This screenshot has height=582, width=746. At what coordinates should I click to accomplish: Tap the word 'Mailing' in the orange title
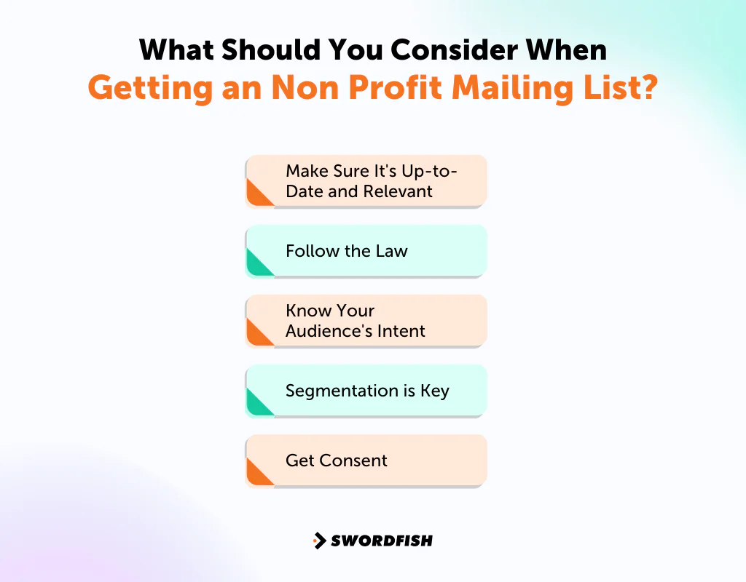tap(500, 88)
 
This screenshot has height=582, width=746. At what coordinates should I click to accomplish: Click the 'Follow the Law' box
tap(366, 251)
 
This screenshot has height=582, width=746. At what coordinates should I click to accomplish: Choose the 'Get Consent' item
tap(366, 461)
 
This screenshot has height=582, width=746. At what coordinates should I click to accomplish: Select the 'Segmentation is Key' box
tap(366, 391)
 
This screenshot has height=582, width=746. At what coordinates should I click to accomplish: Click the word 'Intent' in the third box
tap(401, 331)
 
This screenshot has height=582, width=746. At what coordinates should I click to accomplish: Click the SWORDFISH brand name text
tap(382, 541)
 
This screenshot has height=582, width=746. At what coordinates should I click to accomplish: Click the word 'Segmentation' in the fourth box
tap(332, 391)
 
